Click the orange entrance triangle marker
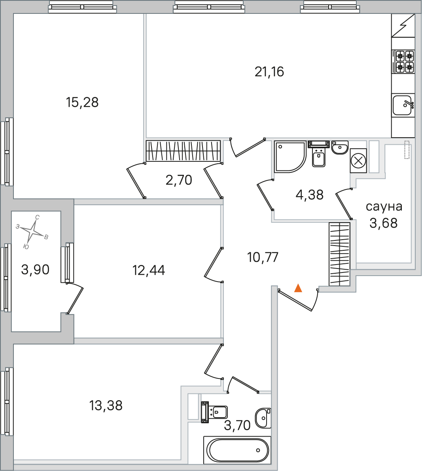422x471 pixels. tap(298, 288)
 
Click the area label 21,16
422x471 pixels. tap(269, 72)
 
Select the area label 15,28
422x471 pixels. tap(82, 102)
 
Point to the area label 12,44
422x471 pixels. tap(149, 270)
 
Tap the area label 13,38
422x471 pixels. tap(106, 405)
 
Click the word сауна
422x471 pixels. tap(384, 207)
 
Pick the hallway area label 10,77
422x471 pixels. tap(263, 257)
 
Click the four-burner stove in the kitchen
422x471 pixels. tap(403, 62)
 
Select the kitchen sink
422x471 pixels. tap(403, 105)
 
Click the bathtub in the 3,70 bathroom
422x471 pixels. tap(237, 450)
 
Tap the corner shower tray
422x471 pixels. tap(290, 157)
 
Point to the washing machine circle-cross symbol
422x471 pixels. tap(358, 161)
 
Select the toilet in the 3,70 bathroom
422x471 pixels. tap(214, 412)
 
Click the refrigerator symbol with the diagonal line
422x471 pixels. tap(403, 25)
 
